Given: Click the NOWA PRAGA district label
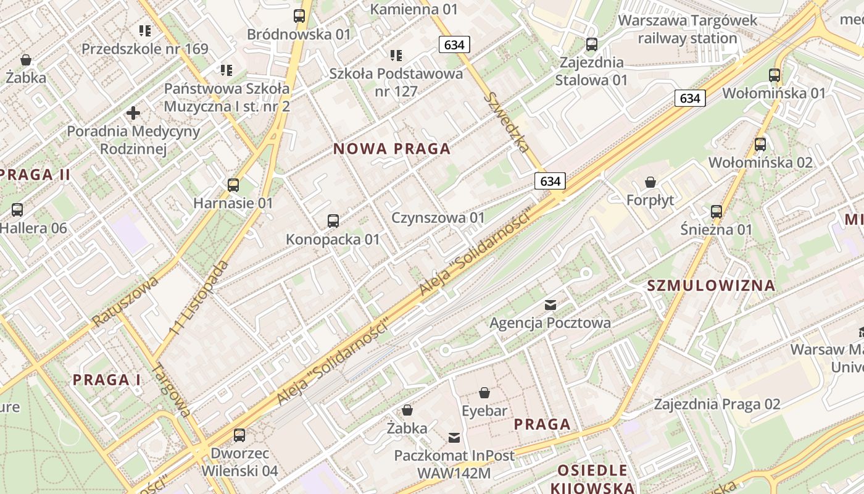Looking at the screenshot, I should [392, 149].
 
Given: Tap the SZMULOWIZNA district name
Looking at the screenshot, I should [711, 285].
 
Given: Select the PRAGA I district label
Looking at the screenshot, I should [107, 380].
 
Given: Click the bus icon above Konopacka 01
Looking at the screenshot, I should [333, 220].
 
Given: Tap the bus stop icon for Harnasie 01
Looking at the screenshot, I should [233, 185].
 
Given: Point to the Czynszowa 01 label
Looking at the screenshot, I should [438, 218].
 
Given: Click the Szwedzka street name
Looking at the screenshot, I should [507, 122].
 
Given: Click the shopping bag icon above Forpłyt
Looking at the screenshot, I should [650, 182].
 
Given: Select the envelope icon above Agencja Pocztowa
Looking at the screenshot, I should [550, 304].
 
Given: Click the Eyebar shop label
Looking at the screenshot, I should [484, 411].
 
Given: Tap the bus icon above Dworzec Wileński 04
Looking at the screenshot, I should [239, 435].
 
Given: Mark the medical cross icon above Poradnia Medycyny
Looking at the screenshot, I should [133, 113].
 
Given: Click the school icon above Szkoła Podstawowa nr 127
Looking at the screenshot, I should [396, 56].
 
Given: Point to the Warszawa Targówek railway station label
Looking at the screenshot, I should [687, 29].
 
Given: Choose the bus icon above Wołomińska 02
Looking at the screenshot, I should [760, 144].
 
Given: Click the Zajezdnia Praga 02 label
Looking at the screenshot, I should [717, 404].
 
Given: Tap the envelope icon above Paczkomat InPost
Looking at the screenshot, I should [454, 438].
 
